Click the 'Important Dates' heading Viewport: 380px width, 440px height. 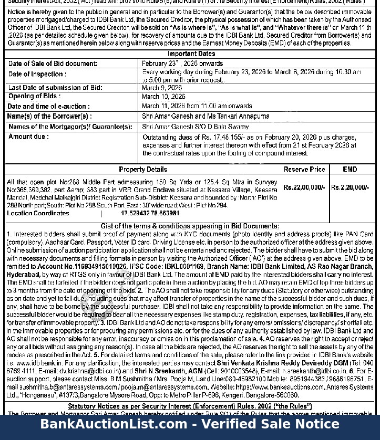(191, 54)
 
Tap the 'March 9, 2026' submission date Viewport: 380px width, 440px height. (161, 88)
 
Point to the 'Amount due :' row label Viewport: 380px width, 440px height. (28, 137)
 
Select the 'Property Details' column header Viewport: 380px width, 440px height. (143, 170)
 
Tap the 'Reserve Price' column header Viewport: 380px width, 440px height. (304, 170)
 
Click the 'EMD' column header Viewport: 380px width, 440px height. (350, 170)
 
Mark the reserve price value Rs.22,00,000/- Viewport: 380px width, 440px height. (304, 187)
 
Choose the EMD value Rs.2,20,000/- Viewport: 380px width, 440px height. (350, 187)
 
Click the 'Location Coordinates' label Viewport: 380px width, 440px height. (38, 214)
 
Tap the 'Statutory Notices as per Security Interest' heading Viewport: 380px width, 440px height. (190, 406)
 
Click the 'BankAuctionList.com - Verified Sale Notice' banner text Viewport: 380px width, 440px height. (190, 424)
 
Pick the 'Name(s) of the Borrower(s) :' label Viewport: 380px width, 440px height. (49, 116)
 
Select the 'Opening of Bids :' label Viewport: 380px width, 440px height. (34, 97)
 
